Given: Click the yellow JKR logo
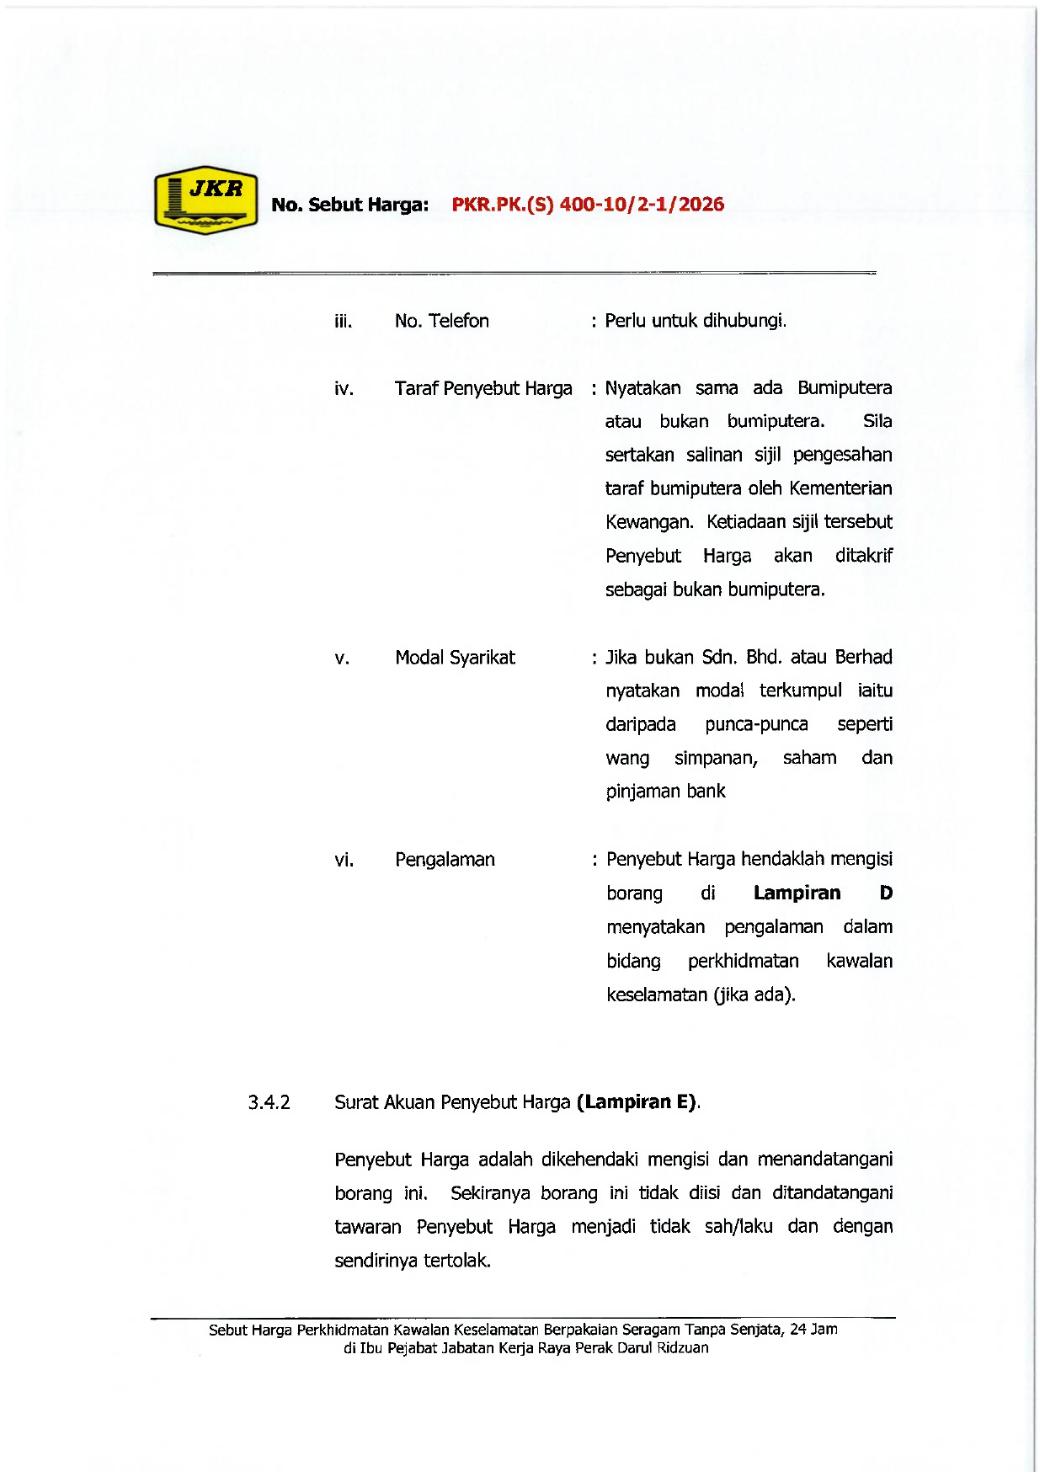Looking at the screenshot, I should (x=205, y=200).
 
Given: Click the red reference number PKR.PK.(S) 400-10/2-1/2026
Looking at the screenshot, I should (x=588, y=205).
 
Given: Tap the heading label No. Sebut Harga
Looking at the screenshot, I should (x=349, y=205).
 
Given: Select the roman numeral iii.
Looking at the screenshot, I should (x=343, y=321).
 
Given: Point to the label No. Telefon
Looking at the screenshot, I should (x=441, y=321).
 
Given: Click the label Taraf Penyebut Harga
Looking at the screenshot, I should (x=483, y=388).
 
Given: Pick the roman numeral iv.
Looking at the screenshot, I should (x=344, y=388).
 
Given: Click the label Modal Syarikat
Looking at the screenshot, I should (x=455, y=658).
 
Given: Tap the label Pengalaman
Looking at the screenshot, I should (x=445, y=860).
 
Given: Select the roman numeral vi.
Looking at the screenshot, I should (x=344, y=860).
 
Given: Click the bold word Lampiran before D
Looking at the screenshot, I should (x=797, y=893).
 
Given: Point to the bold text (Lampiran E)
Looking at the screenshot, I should (x=637, y=1102).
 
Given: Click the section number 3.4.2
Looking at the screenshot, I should (x=269, y=1102).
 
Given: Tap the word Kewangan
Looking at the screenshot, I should (x=648, y=522).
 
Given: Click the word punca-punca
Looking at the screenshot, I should (x=756, y=724).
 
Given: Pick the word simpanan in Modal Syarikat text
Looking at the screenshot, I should (x=716, y=758).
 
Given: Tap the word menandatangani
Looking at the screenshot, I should (x=824, y=1160).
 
